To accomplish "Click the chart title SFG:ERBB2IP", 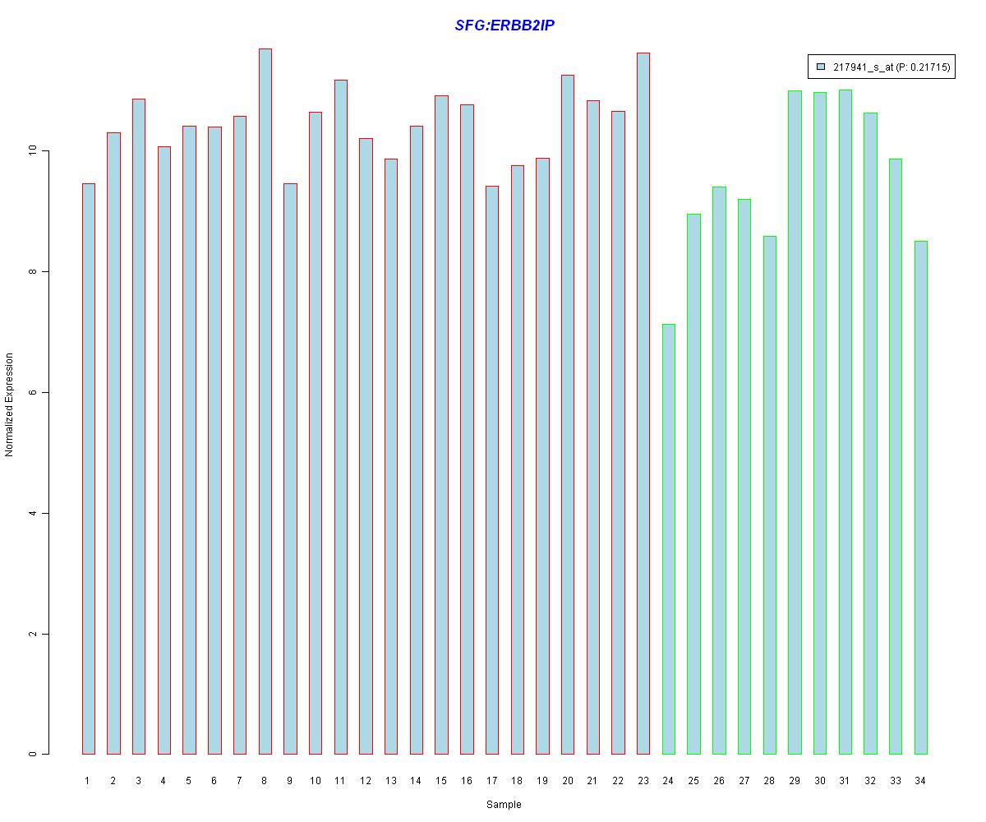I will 505,25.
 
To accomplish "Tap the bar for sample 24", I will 668,539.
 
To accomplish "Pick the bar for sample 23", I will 643,403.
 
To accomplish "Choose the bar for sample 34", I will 920,497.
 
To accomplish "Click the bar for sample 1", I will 88,469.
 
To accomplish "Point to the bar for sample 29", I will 795,423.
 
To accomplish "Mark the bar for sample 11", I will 340,417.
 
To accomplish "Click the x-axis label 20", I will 567,781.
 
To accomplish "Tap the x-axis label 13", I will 390,781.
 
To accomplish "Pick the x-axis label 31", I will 845,781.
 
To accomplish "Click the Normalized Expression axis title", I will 10,404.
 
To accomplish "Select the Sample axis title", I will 504,805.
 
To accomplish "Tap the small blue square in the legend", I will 820,67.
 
